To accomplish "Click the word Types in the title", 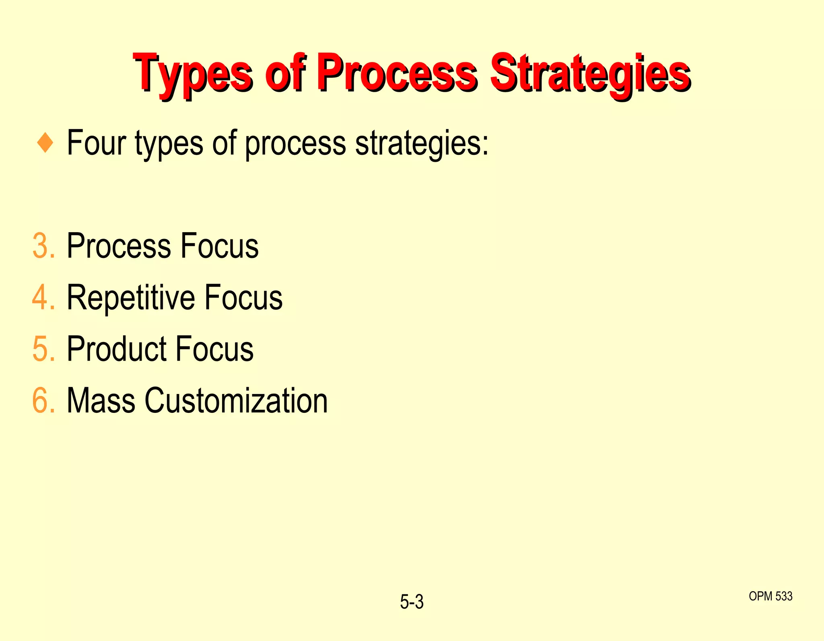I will coord(193,74).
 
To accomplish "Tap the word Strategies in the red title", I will coord(590,74).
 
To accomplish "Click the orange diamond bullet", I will coord(45,143).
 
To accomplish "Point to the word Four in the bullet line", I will coord(96,143).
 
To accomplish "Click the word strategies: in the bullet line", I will coord(422,144).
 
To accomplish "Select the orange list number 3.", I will coord(43,246).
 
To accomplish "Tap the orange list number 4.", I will coord(43,297).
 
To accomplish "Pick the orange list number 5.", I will coord(43,349).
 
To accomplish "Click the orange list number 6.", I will coord(43,400).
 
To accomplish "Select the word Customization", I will coord(236,400).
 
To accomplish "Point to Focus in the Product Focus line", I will coord(214,349).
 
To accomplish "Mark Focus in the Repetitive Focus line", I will coord(243,297).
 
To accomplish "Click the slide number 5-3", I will coord(412,602).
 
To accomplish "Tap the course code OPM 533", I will coord(770,596).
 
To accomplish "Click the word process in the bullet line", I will coord(295,144).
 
